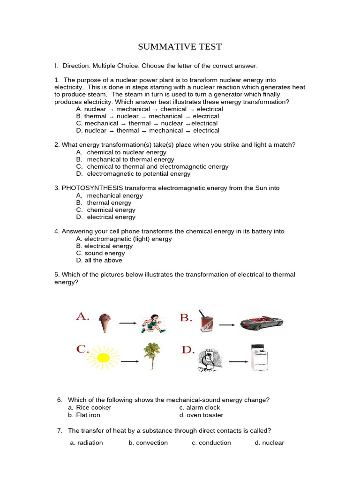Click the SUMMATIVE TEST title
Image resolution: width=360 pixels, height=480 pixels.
point(180,47)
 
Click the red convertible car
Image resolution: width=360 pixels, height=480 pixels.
point(261,322)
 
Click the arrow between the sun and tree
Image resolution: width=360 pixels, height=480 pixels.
point(129,361)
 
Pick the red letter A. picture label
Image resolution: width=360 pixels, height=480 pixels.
point(82,317)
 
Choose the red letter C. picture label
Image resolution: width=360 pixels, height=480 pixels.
point(82,350)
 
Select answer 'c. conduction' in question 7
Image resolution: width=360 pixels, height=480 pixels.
point(211,443)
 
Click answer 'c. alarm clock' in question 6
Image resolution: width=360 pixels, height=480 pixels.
point(199,408)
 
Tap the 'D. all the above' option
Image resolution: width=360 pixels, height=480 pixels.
point(99,261)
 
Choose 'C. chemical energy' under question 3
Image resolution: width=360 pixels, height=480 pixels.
point(105,210)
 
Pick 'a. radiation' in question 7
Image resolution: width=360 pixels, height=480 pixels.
point(86,443)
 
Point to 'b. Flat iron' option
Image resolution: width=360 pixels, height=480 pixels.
point(84,415)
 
